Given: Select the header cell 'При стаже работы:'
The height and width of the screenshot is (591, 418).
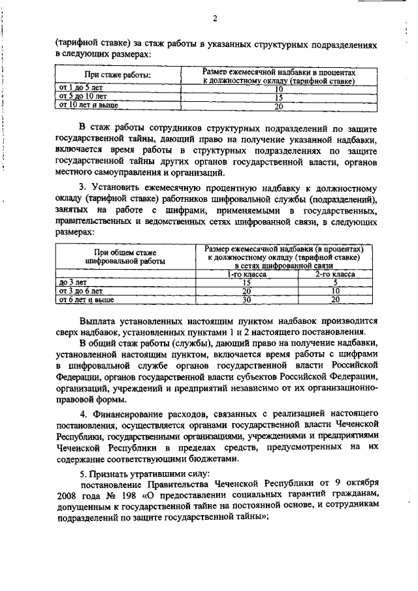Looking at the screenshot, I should (x=118, y=76).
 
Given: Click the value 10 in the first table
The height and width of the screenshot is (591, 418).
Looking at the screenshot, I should (x=278, y=88).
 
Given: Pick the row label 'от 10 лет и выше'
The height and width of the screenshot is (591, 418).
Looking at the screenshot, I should (x=85, y=105).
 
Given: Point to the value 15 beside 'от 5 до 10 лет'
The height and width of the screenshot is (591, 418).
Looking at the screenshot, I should (x=278, y=97).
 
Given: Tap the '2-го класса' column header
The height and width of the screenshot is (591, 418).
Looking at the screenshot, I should (x=335, y=275).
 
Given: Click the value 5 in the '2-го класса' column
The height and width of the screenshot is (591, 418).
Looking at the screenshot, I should (x=335, y=283).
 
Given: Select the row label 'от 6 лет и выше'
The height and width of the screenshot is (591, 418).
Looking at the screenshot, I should (x=86, y=300).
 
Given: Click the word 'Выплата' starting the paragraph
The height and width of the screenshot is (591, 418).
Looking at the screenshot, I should (x=97, y=321).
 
